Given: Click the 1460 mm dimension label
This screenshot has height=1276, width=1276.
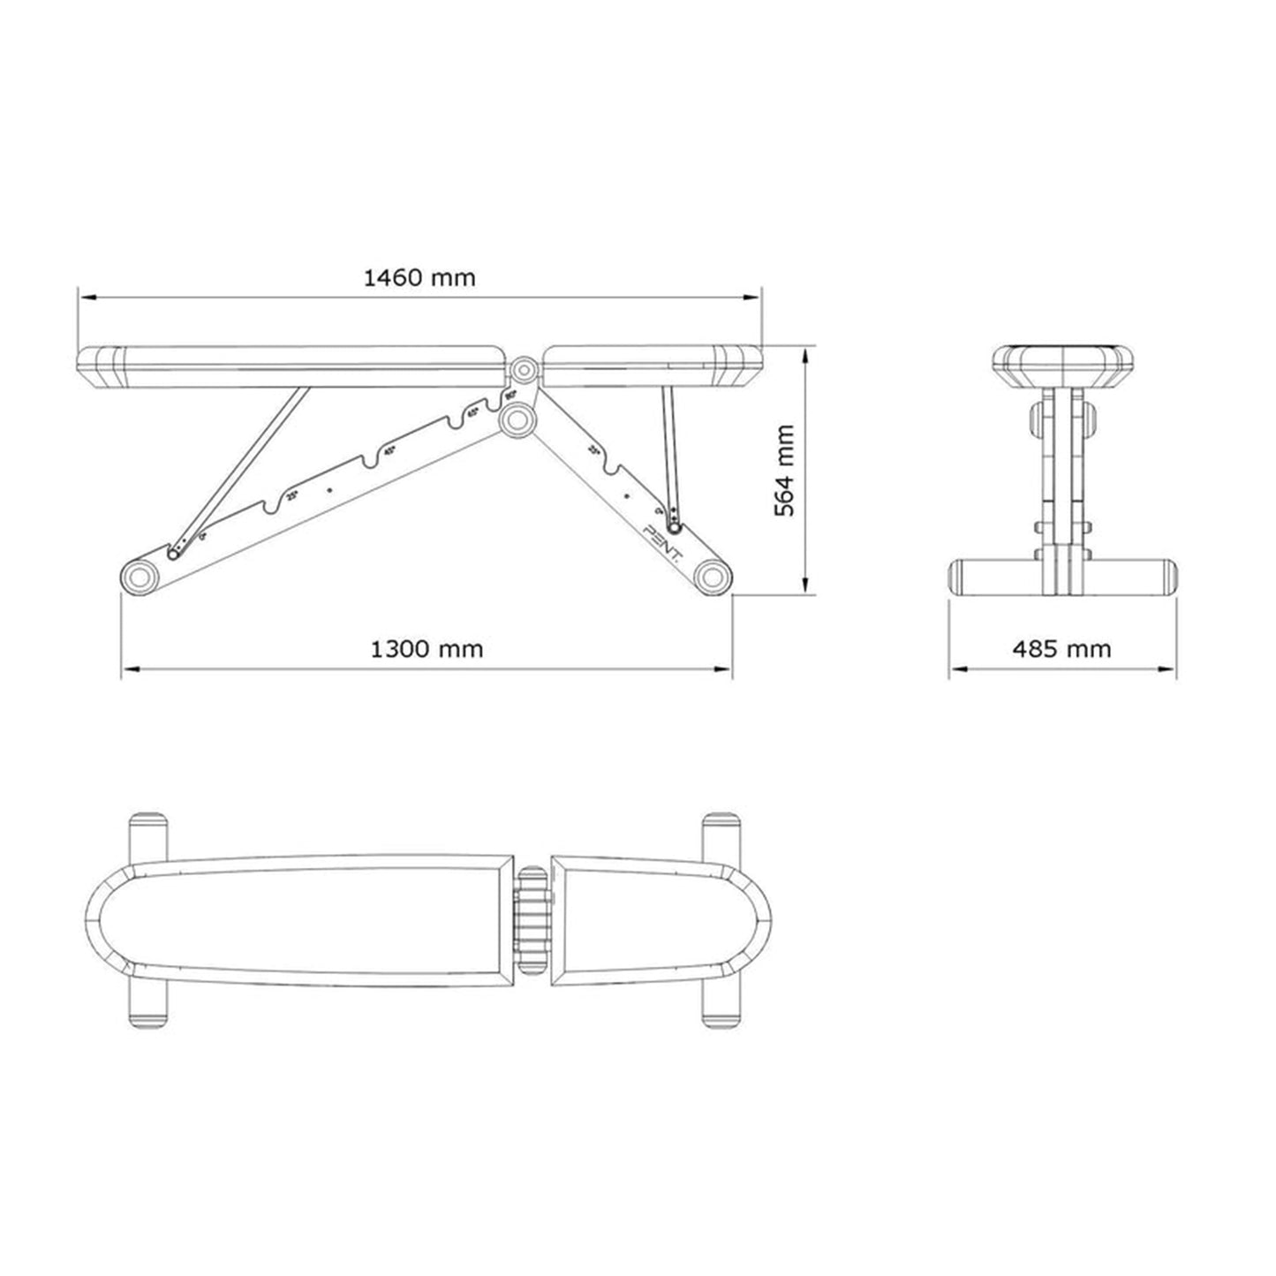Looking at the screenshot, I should [419, 278].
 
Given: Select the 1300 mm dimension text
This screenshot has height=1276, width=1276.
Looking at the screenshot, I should [427, 650].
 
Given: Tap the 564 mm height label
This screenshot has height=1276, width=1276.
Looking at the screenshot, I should [783, 471].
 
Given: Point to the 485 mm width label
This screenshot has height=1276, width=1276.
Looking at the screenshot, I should [1061, 650].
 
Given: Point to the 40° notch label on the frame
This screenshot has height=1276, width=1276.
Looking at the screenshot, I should [389, 449].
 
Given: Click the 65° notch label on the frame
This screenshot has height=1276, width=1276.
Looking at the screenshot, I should [472, 411].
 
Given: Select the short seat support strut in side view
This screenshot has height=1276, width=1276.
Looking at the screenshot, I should [670, 455].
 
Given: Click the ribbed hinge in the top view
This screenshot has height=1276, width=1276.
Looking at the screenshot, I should [532, 919].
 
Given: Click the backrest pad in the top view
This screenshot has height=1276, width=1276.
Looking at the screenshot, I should [300, 918].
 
